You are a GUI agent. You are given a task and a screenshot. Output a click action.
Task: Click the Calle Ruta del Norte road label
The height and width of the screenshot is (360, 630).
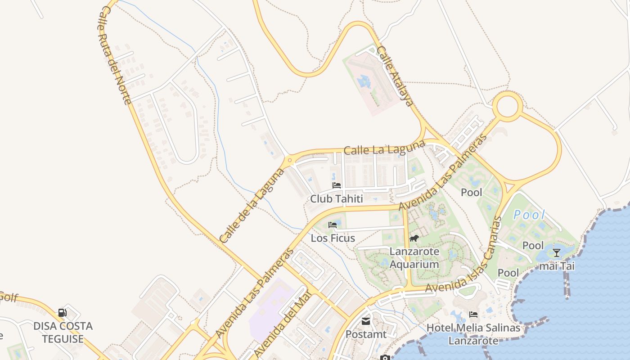pyautogui.click(x=115, y=55)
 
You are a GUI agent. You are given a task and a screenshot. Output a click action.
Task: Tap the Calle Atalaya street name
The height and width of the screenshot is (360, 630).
pyautogui.click(x=395, y=76)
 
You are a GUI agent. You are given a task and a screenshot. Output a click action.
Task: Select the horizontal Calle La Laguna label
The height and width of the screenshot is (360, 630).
pyautogui.click(x=384, y=148)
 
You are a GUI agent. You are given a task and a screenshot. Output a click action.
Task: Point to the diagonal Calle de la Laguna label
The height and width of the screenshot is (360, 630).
pyautogui.click(x=252, y=205)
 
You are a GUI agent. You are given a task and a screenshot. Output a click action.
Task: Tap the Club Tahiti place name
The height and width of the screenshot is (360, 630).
pyautogui.click(x=336, y=198)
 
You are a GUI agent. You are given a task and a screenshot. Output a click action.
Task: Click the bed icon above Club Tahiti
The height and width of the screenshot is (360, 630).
pyautogui.click(x=336, y=185)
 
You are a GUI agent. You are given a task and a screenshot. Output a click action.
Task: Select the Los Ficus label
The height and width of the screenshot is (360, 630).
pyautogui.click(x=333, y=238)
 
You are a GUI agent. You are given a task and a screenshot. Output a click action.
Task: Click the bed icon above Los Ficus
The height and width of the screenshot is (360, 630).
pyautogui.click(x=333, y=225)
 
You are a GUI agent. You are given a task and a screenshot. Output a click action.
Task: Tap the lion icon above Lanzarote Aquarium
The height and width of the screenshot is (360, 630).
pyautogui.click(x=414, y=238)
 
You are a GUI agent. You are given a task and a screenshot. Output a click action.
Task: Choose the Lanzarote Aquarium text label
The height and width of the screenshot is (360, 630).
pyautogui.click(x=414, y=258)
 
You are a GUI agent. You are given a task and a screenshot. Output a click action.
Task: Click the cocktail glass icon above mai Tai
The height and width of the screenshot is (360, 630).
pyautogui.click(x=557, y=252)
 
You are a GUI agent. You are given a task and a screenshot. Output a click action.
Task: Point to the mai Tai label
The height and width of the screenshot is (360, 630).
pyautogui.click(x=557, y=266)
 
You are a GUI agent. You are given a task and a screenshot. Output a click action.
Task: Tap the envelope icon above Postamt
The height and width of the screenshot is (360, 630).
pyautogui.click(x=365, y=321)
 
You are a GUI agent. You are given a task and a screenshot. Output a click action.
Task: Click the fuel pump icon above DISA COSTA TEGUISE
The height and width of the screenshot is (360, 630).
pyautogui.click(x=63, y=312)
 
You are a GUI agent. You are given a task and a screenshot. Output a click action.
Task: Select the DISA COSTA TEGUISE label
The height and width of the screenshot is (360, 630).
pyautogui.click(x=63, y=332)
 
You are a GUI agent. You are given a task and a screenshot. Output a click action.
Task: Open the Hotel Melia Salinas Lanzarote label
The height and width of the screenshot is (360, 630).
pyautogui.click(x=473, y=334)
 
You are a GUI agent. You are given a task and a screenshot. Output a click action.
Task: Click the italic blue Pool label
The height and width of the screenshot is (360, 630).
pyautogui.click(x=529, y=215)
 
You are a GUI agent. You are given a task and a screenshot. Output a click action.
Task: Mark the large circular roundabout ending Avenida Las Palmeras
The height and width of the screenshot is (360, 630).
pyautogui.click(x=507, y=107)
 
